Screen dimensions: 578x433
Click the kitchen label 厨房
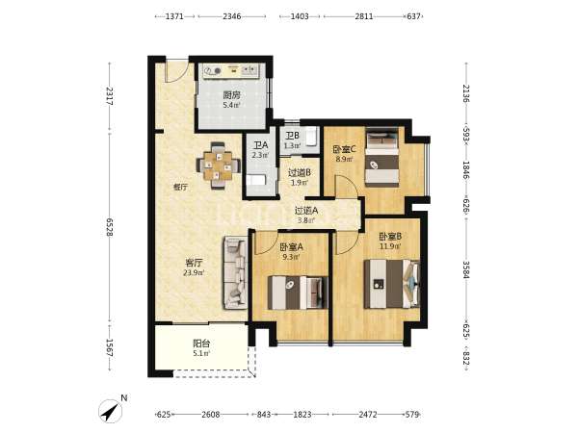tap(231, 95)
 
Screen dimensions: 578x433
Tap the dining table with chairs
tap(219, 166)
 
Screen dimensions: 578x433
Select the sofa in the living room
tap(234, 273)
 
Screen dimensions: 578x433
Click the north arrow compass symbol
tap(111, 411)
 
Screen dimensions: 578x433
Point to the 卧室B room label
tap(390, 237)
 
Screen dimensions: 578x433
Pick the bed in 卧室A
tap(298, 293)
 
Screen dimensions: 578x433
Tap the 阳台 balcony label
tap(201, 344)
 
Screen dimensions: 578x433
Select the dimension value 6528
tap(110, 227)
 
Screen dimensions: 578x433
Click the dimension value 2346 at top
tap(232, 16)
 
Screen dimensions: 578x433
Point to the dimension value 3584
tap(466, 270)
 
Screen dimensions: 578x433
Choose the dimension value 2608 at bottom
tap(210, 415)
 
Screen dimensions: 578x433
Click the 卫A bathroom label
tap(260, 146)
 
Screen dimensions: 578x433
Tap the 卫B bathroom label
tap(292, 136)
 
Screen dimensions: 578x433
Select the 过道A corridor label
tap(306, 211)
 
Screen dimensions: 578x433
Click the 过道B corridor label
tap(299, 172)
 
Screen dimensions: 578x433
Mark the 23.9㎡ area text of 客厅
tap(194, 273)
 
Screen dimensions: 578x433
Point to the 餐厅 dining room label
tap(181, 187)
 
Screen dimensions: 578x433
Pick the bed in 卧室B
tap(391, 284)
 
